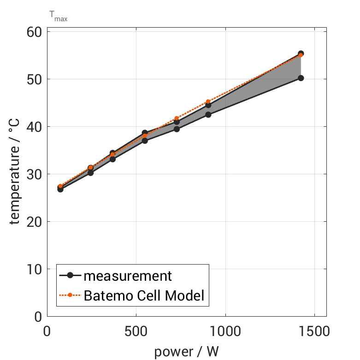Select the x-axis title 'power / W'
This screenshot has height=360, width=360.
click(186, 351)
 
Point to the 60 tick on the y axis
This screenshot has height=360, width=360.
click(33, 32)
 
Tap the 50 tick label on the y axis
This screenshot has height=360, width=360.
click(33, 79)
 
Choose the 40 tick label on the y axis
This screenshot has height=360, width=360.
click(33, 127)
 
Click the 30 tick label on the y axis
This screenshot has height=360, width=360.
click(33, 174)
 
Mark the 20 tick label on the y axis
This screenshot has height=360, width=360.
click(33, 222)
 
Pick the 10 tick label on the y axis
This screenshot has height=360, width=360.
click(33, 269)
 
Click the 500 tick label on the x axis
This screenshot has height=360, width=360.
click(136, 332)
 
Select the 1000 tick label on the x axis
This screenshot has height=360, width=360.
click(225, 332)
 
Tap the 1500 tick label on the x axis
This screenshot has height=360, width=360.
click(314, 332)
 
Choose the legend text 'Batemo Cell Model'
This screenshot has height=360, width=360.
click(144, 295)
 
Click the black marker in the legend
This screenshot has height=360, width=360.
click(70, 276)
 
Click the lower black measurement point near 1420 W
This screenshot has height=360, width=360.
click(301, 78)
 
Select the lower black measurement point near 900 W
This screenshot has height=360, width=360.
click(208, 114)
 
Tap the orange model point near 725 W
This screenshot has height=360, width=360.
click(177, 118)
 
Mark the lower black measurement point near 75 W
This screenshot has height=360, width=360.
click(60, 189)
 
